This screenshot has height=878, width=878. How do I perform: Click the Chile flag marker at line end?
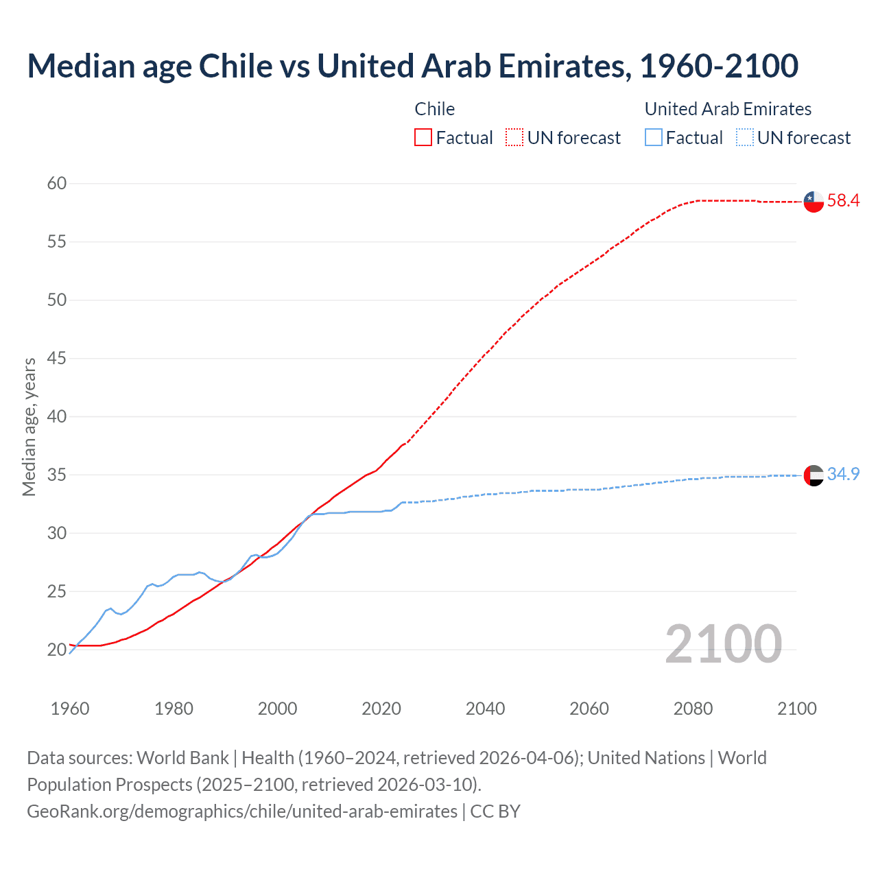[x=814, y=202]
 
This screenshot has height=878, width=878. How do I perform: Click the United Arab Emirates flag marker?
[x=814, y=475]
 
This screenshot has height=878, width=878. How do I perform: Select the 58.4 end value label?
[x=843, y=201]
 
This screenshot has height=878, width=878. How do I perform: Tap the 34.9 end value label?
[x=843, y=474]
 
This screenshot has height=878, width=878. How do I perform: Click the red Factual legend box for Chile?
[x=423, y=138]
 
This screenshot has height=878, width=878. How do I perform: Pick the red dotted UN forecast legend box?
[x=514, y=138]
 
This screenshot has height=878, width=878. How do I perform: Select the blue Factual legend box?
[x=654, y=138]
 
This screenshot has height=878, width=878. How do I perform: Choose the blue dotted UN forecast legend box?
[x=745, y=138]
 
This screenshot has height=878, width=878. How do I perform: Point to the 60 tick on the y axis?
[x=57, y=183]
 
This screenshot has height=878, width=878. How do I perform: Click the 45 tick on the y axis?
[x=57, y=358]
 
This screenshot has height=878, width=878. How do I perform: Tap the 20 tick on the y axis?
[x=57, y=650]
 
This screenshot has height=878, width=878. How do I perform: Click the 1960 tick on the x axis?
[x=70, y=709]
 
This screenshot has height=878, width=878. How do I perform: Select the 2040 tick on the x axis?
[x=485, y=709]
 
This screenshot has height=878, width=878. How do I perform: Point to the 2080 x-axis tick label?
[x=693, y=709]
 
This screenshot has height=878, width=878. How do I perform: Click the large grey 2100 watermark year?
[x=723, y=643]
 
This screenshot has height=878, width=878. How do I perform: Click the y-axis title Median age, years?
[x=29, y=427]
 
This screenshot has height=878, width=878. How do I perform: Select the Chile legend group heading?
[x=434, y=109]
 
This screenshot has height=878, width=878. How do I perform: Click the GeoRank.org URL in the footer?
[x=242, y=811]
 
